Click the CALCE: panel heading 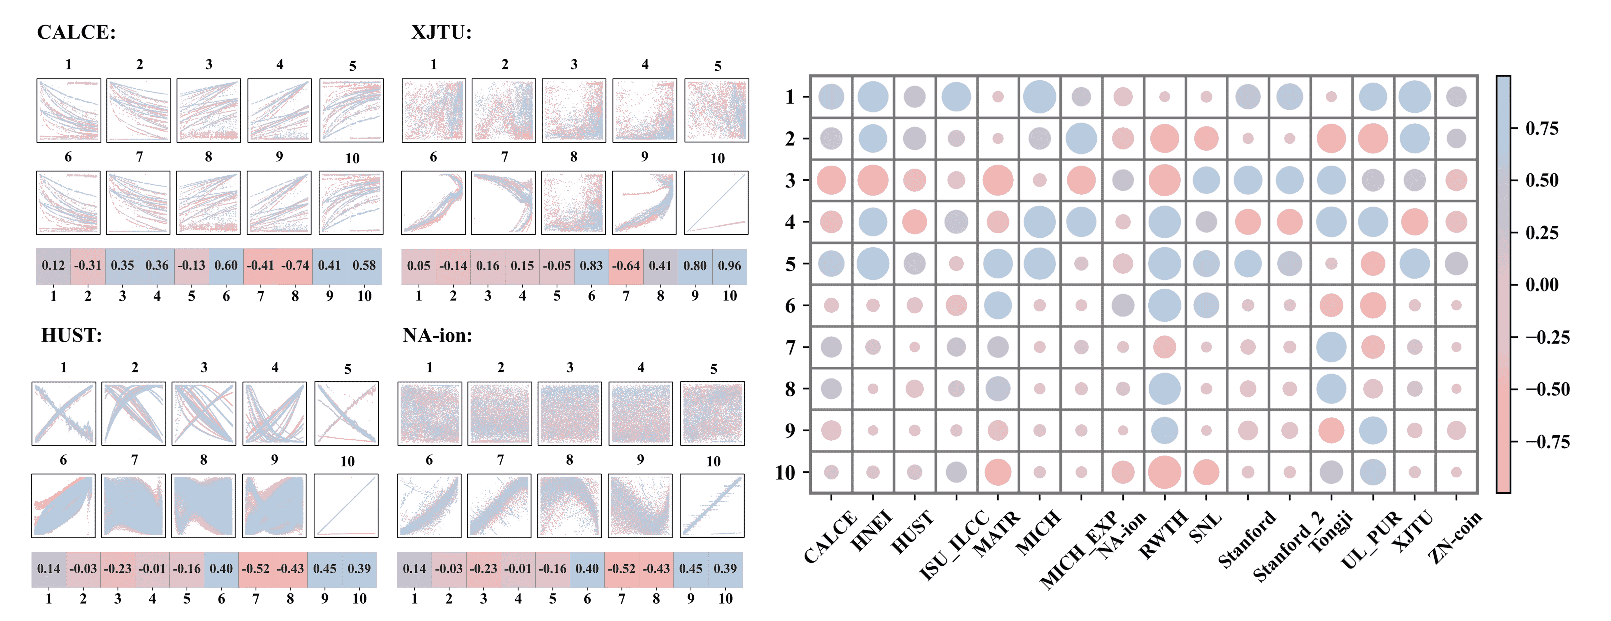(76, 32)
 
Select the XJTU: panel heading (441, 32)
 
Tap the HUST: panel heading (71, 336)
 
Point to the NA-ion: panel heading (437, 336)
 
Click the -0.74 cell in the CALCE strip (295, 265)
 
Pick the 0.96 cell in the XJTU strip (729, 265)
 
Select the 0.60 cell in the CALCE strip (226, 265)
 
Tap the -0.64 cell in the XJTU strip (625, 265)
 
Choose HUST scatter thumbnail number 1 (64, 413)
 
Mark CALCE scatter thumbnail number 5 (351, 110)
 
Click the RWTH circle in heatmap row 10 (1165, 472)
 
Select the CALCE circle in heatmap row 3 (831, 180)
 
